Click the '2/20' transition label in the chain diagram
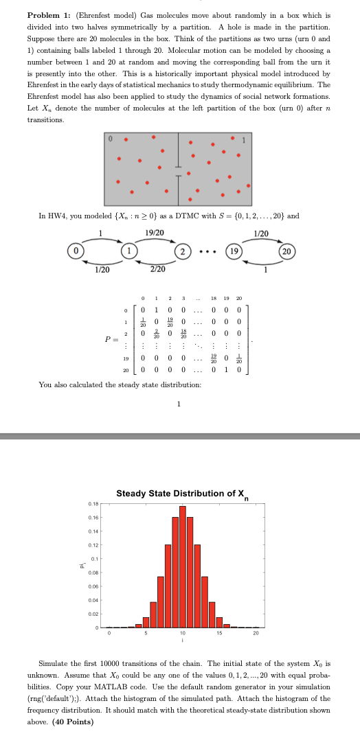point(157,268)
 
